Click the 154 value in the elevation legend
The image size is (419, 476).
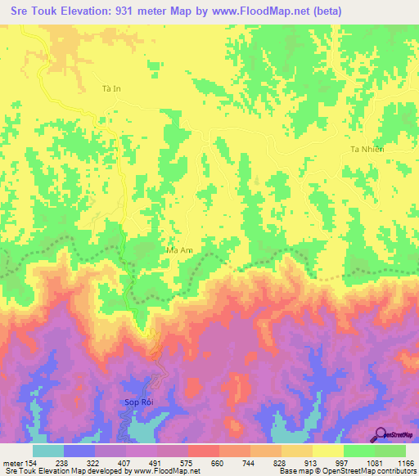[x=34, y=462]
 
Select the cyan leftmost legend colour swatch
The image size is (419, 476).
[x=48, y=451]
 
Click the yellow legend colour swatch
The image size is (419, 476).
[x=328, y=451]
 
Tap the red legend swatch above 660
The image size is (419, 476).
[x=204, y=451]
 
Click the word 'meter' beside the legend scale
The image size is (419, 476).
[x=13, y=462]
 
